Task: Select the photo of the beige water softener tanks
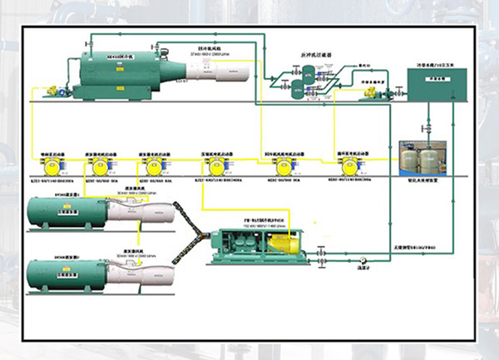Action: click(x=424, y=160)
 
